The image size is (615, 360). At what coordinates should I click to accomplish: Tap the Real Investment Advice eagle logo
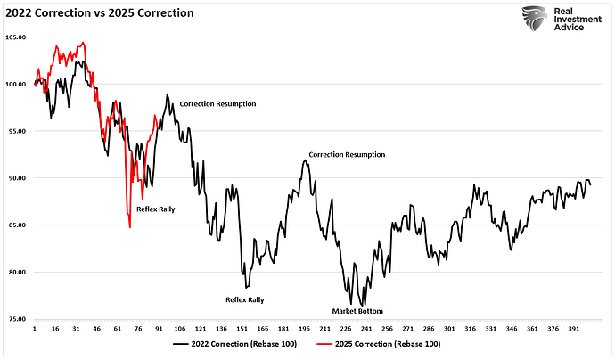tap(534, 18)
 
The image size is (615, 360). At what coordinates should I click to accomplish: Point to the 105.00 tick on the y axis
tap(16, 37)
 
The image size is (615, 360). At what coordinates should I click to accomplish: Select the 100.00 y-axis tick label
tap(16, 85)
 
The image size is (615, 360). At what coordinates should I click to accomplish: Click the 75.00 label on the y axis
tap(16, 319)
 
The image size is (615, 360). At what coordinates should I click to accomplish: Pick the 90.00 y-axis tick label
tap(16, 178)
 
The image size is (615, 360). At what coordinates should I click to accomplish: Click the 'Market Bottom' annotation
tap(357, 311)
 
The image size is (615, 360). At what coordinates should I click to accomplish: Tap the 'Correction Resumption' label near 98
tap(217, 104)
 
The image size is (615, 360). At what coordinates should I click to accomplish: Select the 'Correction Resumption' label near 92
tap(347, 155)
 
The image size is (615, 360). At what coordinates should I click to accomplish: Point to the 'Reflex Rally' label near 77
tap(244, 300)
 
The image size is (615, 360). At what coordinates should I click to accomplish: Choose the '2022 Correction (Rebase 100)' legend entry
tap(242, 343)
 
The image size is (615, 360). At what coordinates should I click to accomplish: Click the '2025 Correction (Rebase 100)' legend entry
tap(389, 343)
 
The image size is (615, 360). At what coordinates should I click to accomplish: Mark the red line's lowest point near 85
tap(130, 227)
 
